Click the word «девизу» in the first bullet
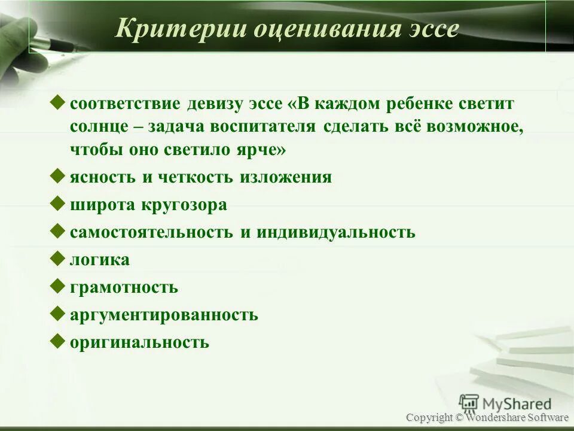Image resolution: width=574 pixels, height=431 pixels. click(215, 103)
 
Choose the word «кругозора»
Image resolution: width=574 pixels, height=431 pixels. click(184, 205)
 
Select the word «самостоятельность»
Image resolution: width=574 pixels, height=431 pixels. click(151, 232)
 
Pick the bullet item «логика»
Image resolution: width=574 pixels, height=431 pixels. click(99, 260)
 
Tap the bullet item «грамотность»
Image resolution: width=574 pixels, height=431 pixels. click(124, 287)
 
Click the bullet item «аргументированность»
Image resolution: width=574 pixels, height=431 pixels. click(164, 315)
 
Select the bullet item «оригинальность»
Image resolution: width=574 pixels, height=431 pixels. click(139, 342)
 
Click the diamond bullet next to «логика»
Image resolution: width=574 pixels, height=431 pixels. click(58, 259)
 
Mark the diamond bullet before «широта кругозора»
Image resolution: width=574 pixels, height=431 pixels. click(58, 204)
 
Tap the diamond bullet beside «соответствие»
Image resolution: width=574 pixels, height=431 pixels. click(58, 102)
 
